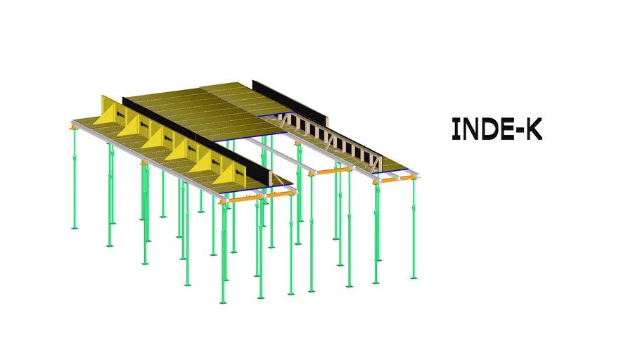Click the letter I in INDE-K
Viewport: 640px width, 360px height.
pos(456,129)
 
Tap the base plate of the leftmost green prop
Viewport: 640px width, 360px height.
pos(75,228)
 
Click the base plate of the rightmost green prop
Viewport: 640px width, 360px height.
pos(414,278)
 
